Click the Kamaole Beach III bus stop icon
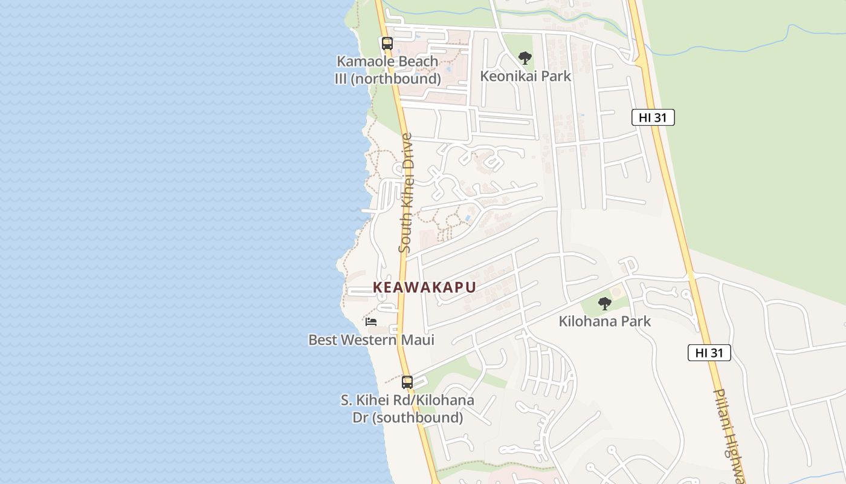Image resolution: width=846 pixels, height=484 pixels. pyautogui.click(x=387, y=44)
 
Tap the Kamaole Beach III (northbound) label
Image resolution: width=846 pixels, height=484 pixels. pyautogui.click(x=387, y=70)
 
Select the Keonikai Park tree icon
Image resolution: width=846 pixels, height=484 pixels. pyautogui.click(x=525, y=58)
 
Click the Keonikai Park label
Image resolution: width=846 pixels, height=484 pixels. pyautogui.click(x=525, y=76)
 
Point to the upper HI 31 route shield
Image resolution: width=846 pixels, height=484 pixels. pyautogui.click(x=653, y=117)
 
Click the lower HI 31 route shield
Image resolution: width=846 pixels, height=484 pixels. pyautogui.click(x=709, y=353)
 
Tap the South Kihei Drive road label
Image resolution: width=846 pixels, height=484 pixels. pyautogui.click(x=406, y=192)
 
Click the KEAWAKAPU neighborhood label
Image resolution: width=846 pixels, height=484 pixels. pyautogui.click(x=424, y=287)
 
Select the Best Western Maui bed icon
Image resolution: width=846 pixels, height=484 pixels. pyautogui.click(x=371, y=321)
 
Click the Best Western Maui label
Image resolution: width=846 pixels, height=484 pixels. pyautogui.click(x=371, y=340)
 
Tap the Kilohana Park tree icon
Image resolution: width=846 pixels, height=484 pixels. pyautogui.click(x=604, y=304)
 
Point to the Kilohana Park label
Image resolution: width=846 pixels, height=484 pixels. pyautogui.click(x=604, y=321)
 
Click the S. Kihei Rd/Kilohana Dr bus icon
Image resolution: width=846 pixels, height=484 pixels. pyautogui.click(x=407, y=382)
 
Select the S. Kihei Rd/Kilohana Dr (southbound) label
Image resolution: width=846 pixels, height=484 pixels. pyautogui.click(x=407, y=409)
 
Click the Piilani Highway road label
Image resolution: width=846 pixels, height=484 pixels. pyautogui.click(x=729, y=436)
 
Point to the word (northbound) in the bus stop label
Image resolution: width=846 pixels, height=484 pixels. pyautogui.click(x=405, y=79)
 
